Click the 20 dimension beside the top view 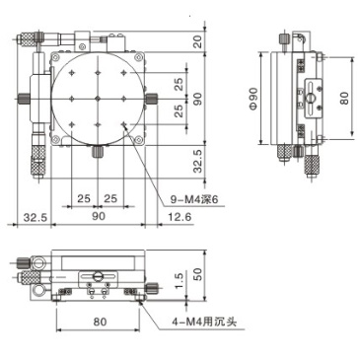click(x=197, y=41)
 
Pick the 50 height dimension click(x=197, y=273)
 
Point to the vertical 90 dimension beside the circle click(x=197, y=99)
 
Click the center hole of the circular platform click(x=99, y=99)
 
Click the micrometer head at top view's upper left click(x=27, y=39)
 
